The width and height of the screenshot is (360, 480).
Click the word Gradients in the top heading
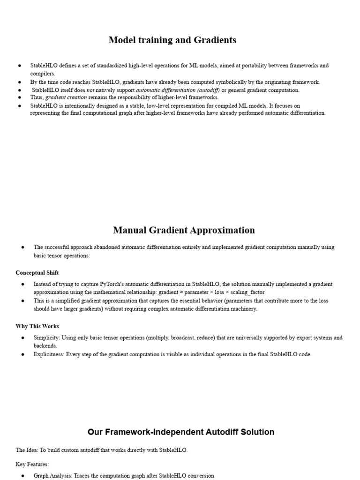tap(213, 40)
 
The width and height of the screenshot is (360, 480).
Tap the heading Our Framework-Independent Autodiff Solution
tap(180, 432)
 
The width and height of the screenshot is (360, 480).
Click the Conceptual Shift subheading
tap(37, 273)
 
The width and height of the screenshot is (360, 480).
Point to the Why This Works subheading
tap(37, 326)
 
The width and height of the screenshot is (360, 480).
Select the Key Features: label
tap(32, 464)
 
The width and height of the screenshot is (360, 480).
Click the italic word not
tap(90, 90)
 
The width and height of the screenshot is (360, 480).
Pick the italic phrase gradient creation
tap(66, 97)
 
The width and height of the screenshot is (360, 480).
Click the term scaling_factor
tap(247, 292)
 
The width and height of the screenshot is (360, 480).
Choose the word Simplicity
tap(46, 337)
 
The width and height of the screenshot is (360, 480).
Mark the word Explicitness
tap(48, 354)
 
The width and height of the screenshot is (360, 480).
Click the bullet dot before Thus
tap(19, 97)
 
